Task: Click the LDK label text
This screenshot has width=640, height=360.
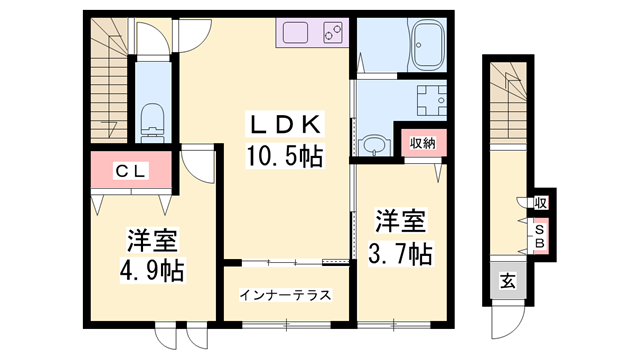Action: pyautogui.click(x=284, y=125)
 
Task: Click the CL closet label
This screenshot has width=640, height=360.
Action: pyautogui.click(x=131, y=172)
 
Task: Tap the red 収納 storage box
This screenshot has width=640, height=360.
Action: pyautogui.click(x=421, y=142)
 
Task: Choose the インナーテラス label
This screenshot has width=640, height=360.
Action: pyautogui.click(x=285, y=296)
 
